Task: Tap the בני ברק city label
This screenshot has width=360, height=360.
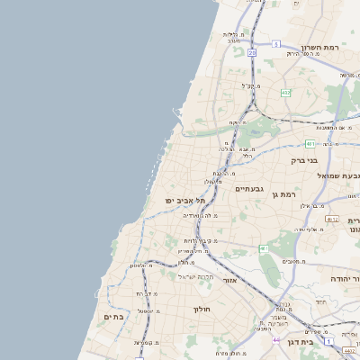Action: coord(304,161)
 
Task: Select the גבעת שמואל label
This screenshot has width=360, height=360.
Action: coord(340,175)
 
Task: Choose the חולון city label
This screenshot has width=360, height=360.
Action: coord(201,309)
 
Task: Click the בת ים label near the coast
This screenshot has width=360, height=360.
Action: coord(113,317)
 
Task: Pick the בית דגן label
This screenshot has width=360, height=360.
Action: coord(299,342)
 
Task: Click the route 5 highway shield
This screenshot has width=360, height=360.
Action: coord(276,43)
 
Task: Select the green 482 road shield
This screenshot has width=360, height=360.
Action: coord(286,93)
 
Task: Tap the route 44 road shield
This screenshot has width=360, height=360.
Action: coord(276,340)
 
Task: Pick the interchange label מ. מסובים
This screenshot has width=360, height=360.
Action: coord(293,261)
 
